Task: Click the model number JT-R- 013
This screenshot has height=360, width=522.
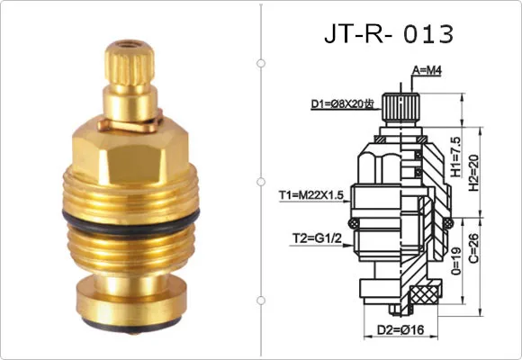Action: (x=388, y=34)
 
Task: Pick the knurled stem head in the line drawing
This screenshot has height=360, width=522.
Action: (x=398, y=108)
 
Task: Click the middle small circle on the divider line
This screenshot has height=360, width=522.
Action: (x=261, y=181)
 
